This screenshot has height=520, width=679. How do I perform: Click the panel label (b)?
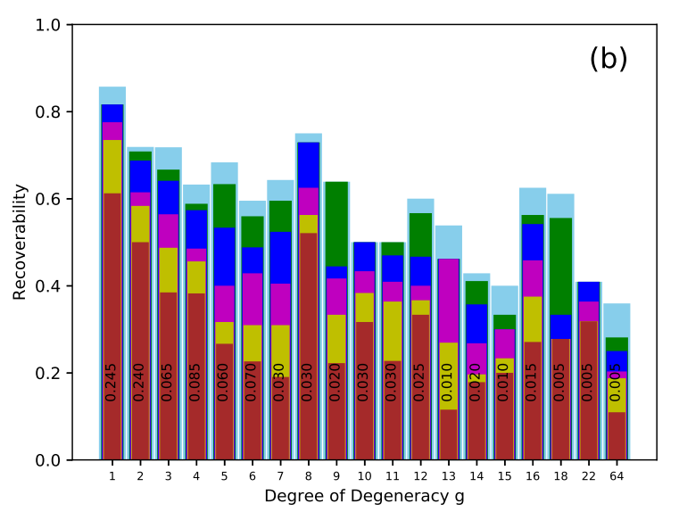609,60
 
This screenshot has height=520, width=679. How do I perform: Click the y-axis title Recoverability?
20,242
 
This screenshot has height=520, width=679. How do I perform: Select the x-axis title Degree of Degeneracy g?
364,496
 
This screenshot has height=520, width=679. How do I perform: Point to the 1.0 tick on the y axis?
48,26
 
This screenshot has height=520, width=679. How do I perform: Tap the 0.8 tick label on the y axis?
48,112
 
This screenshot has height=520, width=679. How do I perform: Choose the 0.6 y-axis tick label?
48,200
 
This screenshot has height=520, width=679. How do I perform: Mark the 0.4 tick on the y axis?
48,286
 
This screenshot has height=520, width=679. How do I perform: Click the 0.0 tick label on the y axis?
48,460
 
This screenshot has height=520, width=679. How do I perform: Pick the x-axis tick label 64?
617,476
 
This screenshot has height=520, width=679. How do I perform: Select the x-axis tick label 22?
589,476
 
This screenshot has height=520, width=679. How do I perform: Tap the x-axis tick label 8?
308,476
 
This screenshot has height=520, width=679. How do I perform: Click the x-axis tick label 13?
449,476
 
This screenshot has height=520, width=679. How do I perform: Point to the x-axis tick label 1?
112,476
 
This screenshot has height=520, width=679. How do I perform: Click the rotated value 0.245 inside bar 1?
112,382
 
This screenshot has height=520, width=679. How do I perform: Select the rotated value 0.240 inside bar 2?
139,382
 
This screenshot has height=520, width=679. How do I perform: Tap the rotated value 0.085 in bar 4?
195,382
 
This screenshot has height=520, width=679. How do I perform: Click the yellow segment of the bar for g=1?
112,166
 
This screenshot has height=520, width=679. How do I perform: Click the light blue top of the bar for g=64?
617,320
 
